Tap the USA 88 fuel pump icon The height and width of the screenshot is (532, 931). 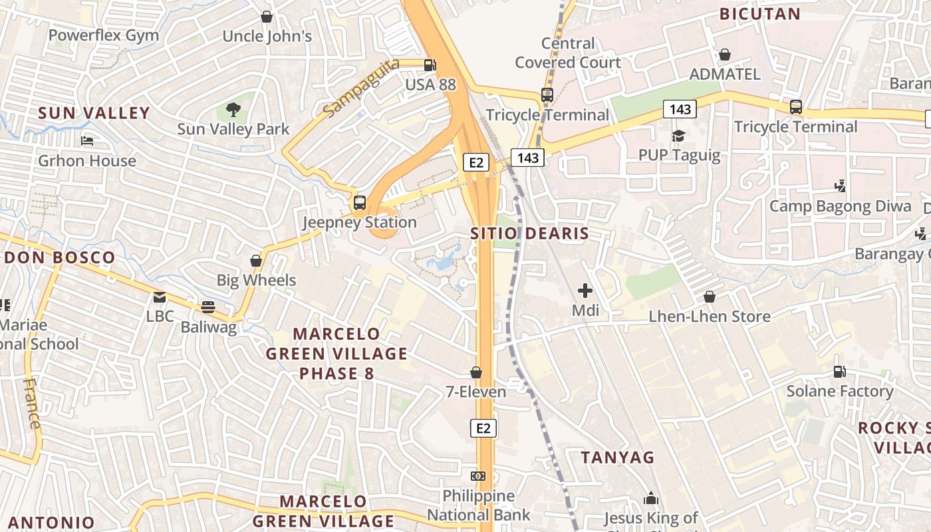pos(430,65)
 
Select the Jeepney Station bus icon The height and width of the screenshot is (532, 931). pos(360,203)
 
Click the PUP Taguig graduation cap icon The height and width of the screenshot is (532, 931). pos(678,136)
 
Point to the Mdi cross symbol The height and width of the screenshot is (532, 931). pos(585,291)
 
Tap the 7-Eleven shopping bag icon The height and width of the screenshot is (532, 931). pos(476,372)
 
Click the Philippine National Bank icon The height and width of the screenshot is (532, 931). pos(477,476)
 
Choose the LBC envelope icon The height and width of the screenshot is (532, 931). pos(160,297)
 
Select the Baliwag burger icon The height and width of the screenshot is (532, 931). pos(208,307)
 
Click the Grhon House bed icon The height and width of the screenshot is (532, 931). pos(87,141)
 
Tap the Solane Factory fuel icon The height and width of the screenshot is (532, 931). pos(840,372)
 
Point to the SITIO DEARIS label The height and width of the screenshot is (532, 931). pos(529,233)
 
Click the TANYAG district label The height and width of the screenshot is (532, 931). pos(617,458)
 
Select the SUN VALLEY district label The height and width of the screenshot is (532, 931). pos(94,113)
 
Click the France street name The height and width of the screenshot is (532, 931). pos(31,403)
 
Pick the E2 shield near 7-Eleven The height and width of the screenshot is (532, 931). pos(483,428)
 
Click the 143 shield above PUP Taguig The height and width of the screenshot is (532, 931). pos(679,109)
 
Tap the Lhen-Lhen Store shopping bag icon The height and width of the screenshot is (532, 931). pos(710,297)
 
